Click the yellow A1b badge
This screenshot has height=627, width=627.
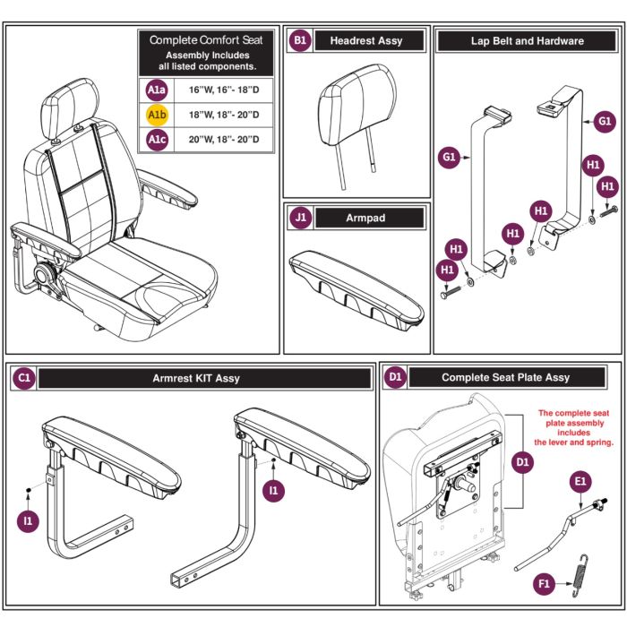point(157,115)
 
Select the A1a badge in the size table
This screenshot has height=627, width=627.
point(157,90)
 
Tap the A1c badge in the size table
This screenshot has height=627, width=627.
point(157,140)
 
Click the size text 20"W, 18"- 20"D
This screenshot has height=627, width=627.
point(224,140)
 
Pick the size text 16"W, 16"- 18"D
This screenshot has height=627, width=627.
point(224,90)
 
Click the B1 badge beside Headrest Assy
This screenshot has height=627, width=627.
point(300,40)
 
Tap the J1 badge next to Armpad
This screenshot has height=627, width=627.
point(300,218)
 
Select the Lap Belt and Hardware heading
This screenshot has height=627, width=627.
point(527,41)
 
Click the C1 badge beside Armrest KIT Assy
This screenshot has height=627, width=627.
point(24,378)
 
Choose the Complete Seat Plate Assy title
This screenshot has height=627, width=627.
point(506,377)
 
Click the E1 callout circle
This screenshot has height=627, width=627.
point(580,482)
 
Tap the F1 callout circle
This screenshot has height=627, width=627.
point(545,583)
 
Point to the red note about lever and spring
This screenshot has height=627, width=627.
point(574,427)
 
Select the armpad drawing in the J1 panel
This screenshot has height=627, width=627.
point(356,291)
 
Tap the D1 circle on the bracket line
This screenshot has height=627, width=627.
point(522,462)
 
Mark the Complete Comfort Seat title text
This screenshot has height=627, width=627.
point(206,40)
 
